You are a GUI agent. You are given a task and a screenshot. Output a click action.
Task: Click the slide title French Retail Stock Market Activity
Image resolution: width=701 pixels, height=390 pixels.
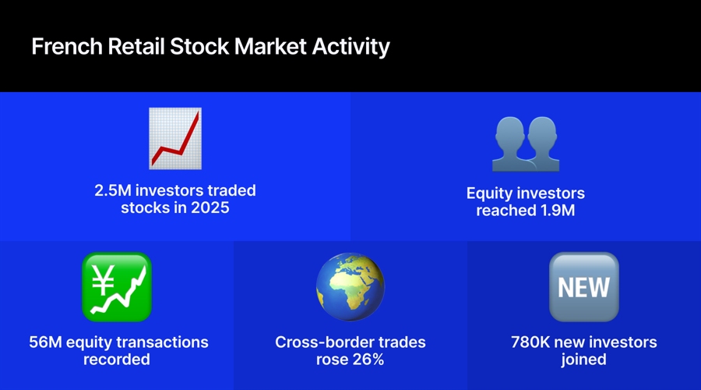(x=210, y=46)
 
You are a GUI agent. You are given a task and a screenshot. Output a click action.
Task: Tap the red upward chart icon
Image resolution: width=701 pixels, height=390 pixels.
(x=175, y=138)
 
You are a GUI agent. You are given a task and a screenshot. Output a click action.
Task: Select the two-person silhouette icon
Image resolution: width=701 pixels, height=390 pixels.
(x=526, y=144)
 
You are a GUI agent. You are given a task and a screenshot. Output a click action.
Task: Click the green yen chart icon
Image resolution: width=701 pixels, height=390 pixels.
(x=117, y=287)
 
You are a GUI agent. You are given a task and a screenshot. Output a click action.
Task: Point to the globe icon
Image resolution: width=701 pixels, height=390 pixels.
(x=350, y=287)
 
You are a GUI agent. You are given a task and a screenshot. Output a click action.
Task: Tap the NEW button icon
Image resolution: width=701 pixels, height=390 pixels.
(x=584, y=287)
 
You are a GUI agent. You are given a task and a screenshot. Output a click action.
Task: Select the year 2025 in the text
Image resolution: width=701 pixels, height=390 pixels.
(x=211, y=208)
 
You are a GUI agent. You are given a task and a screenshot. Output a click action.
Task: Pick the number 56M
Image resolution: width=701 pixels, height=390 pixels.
(x=45, y=342)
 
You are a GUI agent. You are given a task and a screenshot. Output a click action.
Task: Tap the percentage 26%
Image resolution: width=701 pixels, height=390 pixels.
(x=369, y=360)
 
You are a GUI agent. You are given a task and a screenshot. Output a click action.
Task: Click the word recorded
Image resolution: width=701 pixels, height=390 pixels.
(x=117, y=360)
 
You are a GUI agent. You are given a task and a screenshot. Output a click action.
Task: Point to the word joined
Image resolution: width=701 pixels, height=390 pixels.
(x=584, y=360)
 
